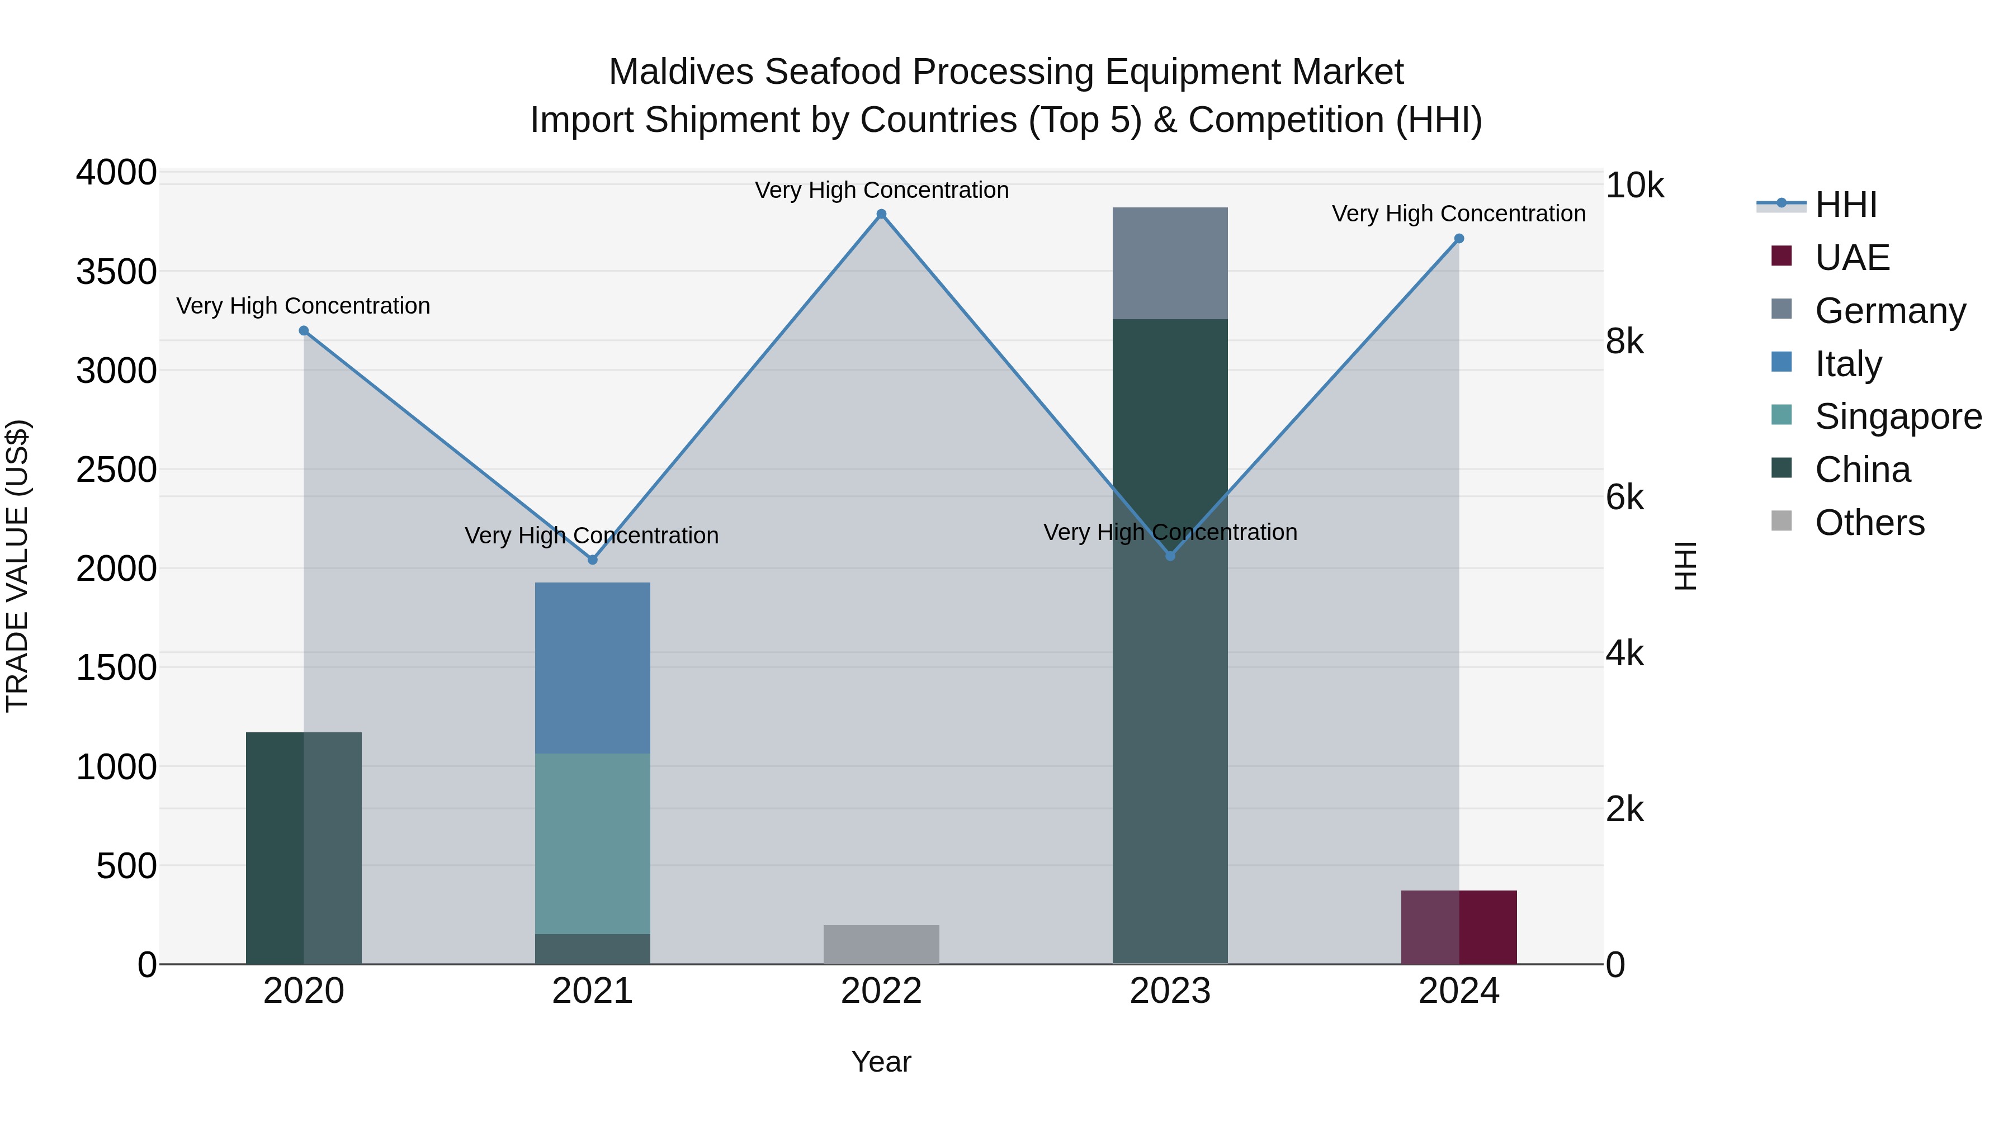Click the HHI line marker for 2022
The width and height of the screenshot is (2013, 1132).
[x=881, y=214]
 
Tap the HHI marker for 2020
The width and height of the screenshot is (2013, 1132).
[x=304, y=330]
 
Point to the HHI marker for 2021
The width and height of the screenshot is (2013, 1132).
[x=592, y=560]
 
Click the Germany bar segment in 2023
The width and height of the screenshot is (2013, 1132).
[x=1170, y=263]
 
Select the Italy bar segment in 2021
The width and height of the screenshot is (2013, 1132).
[x=592, y=668]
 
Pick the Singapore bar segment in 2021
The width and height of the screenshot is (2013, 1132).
[x=592, y=844]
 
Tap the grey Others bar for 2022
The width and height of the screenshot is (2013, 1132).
[x=881, y=945]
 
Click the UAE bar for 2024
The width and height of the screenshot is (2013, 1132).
[x=1458, y=927]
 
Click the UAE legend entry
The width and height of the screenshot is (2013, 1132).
[x=1851, y=258]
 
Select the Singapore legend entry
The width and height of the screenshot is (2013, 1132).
[x=1897, y=416]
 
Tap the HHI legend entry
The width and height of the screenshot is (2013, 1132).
[x=1845, y=205]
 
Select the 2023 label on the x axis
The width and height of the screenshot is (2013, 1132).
[x=1170, y=991]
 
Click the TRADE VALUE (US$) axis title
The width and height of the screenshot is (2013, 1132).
[x=17, y=566]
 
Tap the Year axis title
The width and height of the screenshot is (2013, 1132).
[x=881, y=1062]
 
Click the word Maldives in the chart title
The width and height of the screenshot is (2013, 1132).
[x=681, y=72]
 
